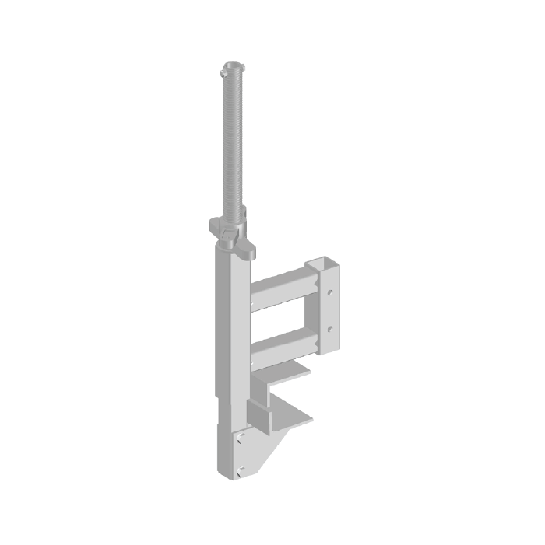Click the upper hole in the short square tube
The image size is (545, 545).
pyautogui.click(x=332, y=294)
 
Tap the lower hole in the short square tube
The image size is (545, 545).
pyautogui.click(x=332, y=329)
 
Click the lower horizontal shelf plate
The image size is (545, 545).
pyautogui.click(x=292, y=417)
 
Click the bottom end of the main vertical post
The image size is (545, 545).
pyautogui.click(x=230, y=474)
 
